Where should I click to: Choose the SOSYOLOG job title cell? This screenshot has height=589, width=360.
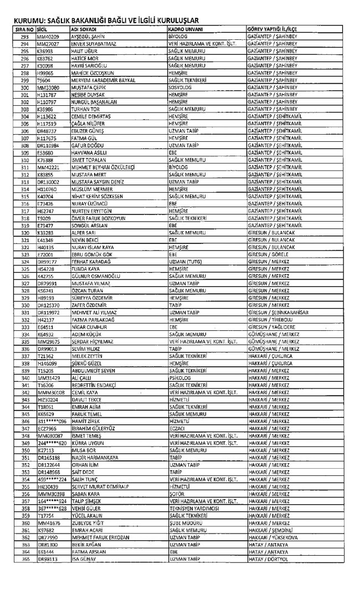pos(179,88)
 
